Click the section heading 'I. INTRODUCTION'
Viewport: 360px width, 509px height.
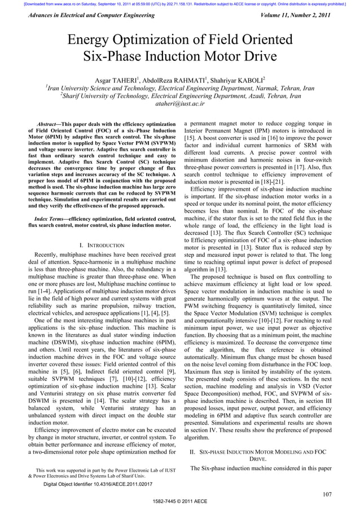point(102,245)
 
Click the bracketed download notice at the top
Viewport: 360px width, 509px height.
point(180,3)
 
